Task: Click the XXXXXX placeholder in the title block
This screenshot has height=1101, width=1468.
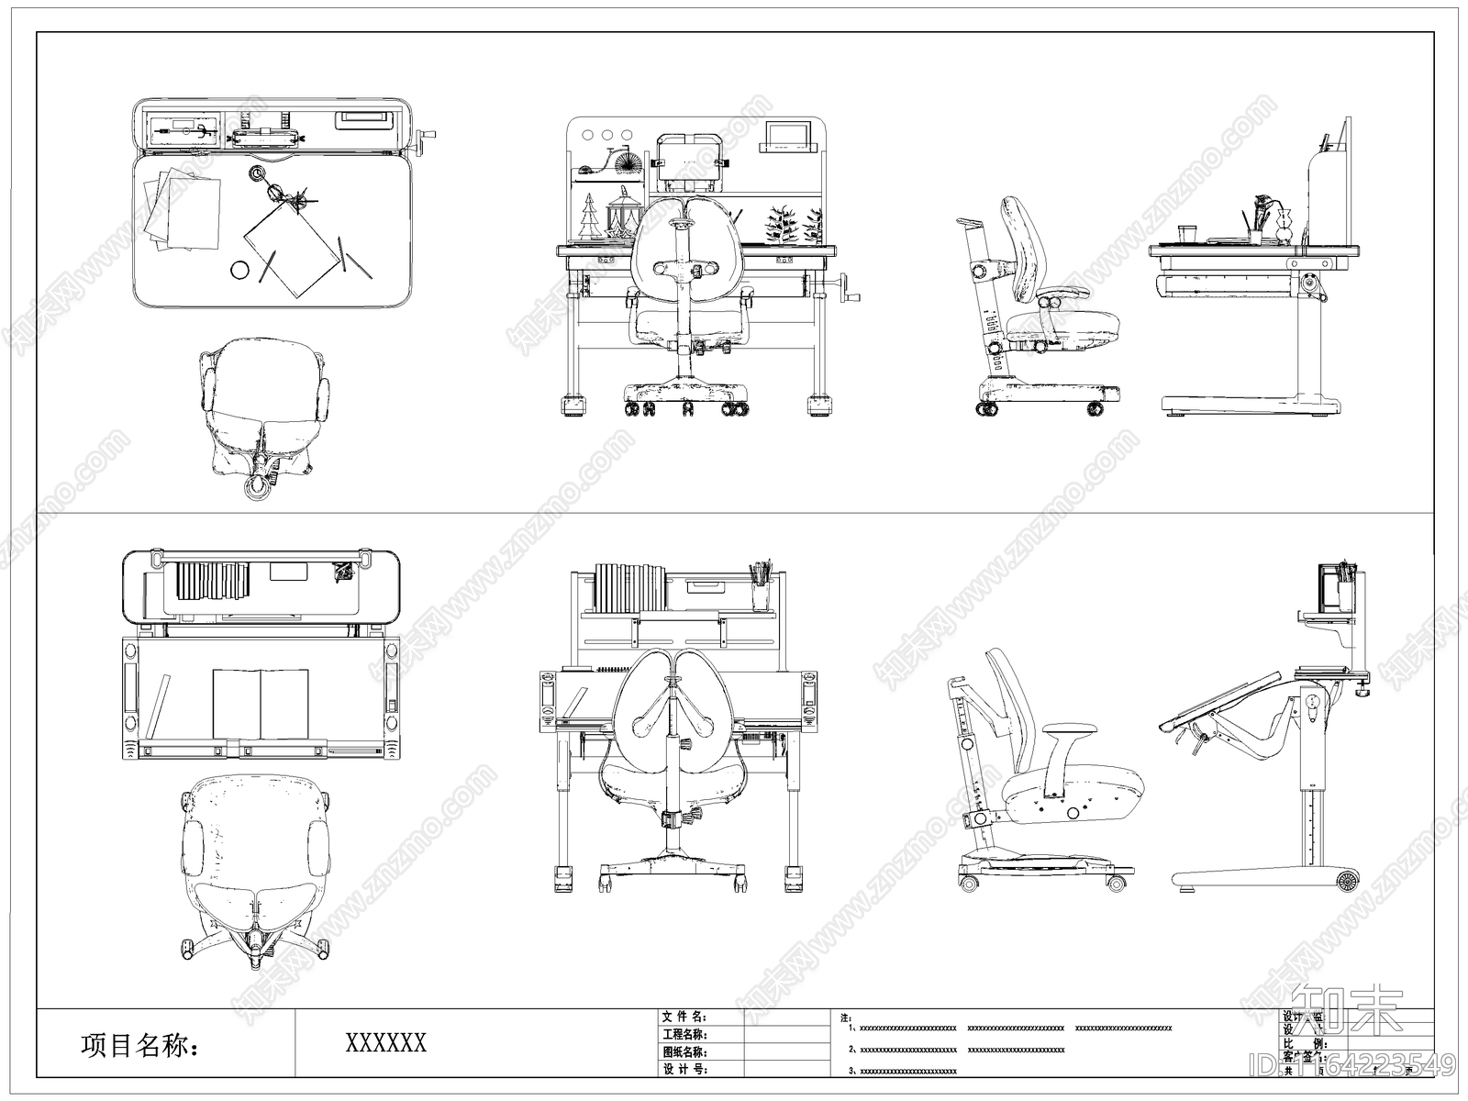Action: tap(385, 1042)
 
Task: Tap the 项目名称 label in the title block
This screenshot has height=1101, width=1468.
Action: tap(140, 1045)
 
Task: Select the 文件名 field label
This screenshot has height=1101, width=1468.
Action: tap(684, 1017)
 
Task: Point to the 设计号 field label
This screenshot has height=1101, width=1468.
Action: tap(684, 1069)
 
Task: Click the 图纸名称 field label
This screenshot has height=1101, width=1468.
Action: tap(684, 1051)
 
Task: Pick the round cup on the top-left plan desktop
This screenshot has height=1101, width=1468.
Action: tap(239, 270)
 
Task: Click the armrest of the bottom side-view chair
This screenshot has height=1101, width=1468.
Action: tap(1068, 730)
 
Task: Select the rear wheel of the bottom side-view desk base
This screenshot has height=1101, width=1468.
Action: tap(1346, 882)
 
